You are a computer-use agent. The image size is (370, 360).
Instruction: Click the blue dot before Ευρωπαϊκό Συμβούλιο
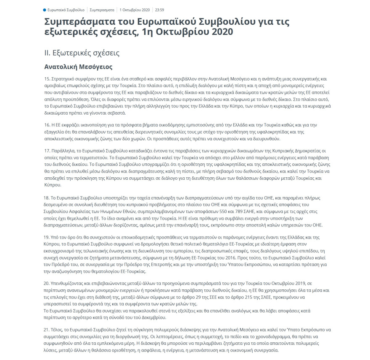pos(45,9)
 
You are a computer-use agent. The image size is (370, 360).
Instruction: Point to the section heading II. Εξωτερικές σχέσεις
pos(82,53)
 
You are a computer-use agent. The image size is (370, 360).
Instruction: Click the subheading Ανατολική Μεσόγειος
pos(78,67)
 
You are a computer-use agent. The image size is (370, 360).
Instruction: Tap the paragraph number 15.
pos(47,79)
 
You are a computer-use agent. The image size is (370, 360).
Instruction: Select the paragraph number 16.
pos(47,126)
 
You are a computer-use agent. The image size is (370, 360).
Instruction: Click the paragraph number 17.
pos(47,150)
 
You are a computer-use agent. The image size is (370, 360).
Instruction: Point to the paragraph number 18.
pos(47,197)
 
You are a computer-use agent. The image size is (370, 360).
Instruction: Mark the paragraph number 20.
pos(47,284)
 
